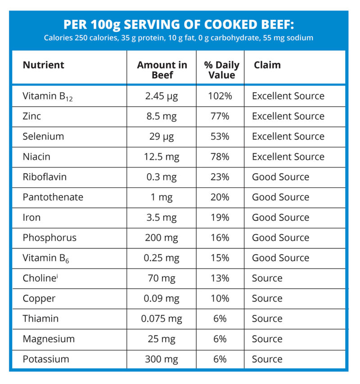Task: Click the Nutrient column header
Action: [x=43, y=65]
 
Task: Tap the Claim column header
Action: [x=267, y=65]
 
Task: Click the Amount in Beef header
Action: [x=162, y=70]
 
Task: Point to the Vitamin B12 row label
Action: [x=48, y=96]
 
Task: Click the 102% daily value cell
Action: [x=220, y=96]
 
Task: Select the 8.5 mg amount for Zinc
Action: [x=162, y=116]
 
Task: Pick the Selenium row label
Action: [x=43, y=136]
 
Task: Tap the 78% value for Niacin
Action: [x=220, y=157]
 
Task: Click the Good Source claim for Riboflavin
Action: [x=280, y=177]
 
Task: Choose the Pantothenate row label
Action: [x=53, y=197]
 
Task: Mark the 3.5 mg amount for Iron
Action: [x=162, y=217]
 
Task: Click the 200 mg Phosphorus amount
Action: [x=162, y=238]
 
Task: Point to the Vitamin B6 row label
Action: [x=46, y=258]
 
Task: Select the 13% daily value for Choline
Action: [x=220, y=278]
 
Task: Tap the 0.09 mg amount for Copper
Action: [x=162, y=298]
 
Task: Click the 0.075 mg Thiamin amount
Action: [x=162, y=319]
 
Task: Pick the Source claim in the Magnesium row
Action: [x=267, y=339]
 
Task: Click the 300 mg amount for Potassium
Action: [x=162, y=359]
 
